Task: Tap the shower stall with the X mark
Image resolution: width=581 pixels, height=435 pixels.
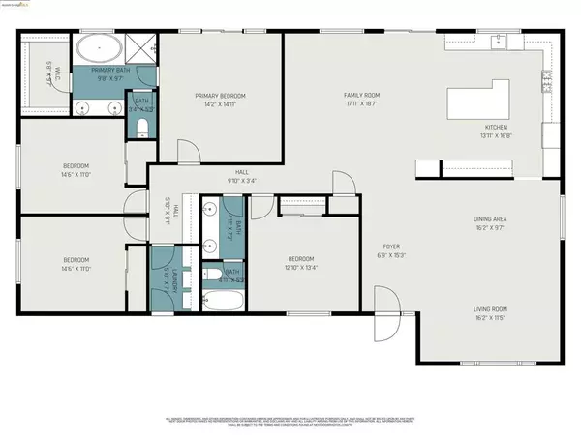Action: (x=142, y=45)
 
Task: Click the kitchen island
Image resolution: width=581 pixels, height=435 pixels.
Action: (x=481, y=101)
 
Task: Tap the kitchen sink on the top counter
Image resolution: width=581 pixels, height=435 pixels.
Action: (x=498, y=42)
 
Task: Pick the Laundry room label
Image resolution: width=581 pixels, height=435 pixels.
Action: (x=166, y=273)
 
